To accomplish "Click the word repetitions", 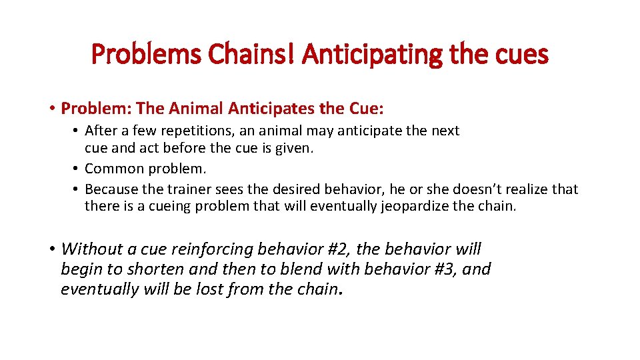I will point(197,131).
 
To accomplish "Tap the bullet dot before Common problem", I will point(77,169).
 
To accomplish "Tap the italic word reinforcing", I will point(214,249).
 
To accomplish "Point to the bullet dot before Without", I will point(52,249).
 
